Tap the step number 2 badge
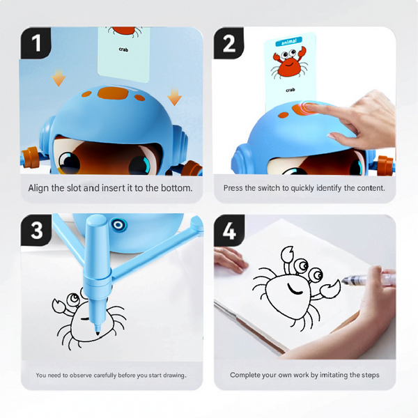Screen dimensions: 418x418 click(229, 44)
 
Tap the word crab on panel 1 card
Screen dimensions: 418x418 click(123, 49)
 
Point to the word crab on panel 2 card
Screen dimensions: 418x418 click(290, 91)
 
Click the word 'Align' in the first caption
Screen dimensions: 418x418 click(39, 188)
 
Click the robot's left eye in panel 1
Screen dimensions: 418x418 click(69, 163)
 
